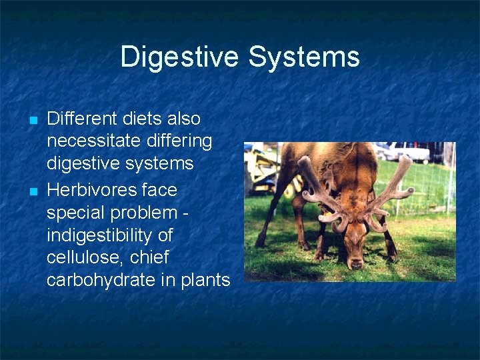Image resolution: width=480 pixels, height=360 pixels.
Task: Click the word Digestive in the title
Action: [181, 57]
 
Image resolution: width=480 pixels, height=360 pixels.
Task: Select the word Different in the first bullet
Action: [81, 119]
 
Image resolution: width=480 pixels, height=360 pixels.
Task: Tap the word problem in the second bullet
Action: [145, 213]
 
